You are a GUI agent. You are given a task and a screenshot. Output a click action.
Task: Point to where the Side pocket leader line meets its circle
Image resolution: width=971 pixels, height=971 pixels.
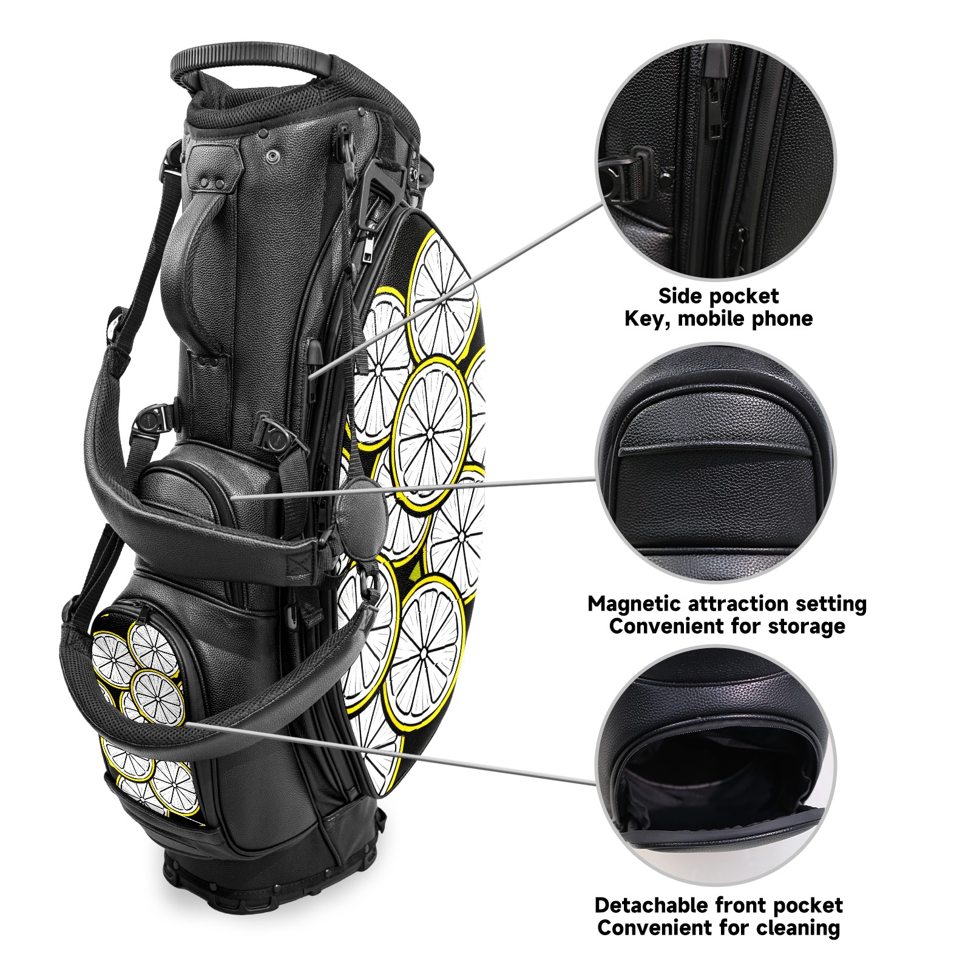click(x=603, y=205)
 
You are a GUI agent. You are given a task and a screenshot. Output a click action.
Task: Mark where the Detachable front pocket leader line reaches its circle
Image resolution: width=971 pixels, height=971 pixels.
click(x=597, y=783)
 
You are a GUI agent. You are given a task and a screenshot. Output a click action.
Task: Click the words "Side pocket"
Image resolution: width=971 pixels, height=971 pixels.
click(x=719, y=296)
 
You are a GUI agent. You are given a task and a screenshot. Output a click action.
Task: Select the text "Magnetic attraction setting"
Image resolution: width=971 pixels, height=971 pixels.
click(x=727, y=604)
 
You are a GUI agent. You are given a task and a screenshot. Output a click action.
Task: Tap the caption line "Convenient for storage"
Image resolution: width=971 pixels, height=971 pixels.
click(x=727, y=626)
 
